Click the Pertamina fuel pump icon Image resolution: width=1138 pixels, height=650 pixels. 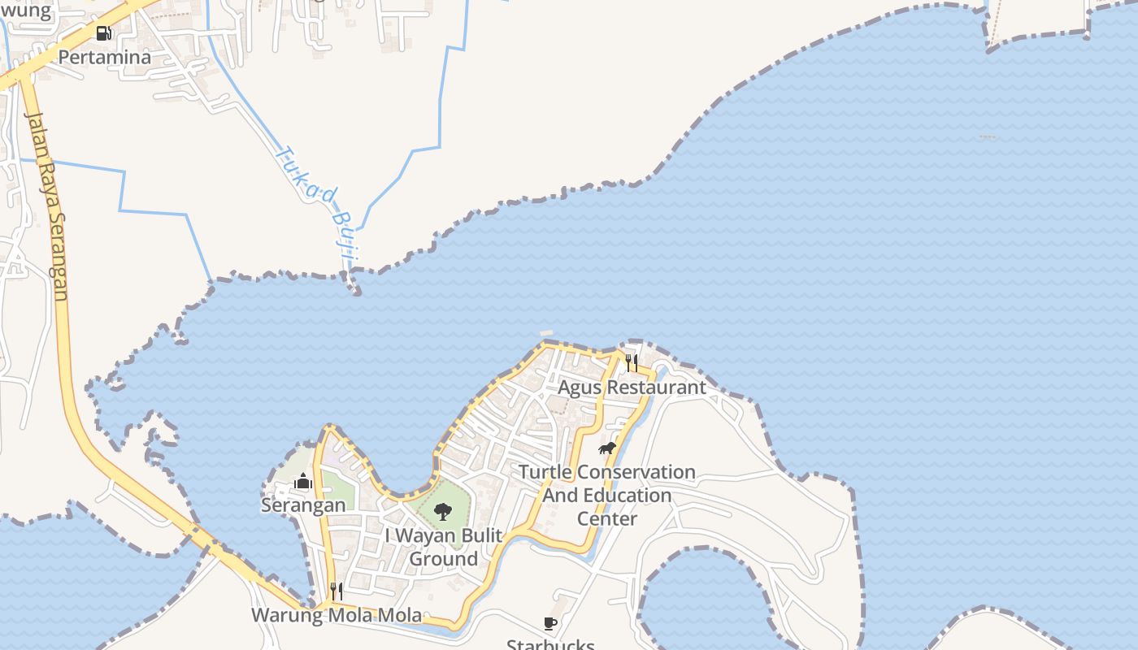tap(104, 33)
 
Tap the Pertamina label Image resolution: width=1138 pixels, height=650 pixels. tap(105, 58)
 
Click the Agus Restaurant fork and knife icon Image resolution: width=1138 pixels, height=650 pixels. tap(632, 362)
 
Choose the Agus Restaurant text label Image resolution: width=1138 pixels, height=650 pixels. tap(632, 388)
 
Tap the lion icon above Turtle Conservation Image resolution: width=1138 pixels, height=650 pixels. tap(606, 448)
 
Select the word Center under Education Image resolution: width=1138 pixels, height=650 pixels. tap(607, 518)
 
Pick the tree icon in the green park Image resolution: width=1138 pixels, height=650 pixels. tap(442, 511)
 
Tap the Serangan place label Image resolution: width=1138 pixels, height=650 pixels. tap(303, 505)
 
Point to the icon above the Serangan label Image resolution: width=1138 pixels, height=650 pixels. tap(303, 482)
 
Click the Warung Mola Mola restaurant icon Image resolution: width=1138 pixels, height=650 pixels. tap(336, 591)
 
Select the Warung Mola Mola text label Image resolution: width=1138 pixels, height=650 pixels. tap(337, 615)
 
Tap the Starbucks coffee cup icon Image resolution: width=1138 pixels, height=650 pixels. tap(550, 623)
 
